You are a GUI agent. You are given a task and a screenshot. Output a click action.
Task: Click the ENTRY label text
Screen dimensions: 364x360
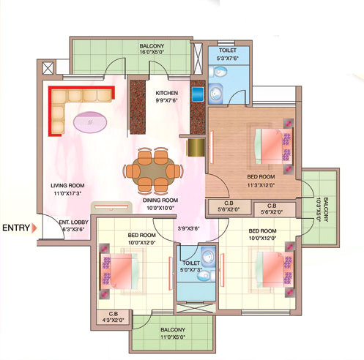pyautogui.click(x=16, y=228)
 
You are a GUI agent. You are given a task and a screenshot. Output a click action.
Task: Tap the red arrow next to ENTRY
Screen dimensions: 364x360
pyautogui.click(x=34, y=228)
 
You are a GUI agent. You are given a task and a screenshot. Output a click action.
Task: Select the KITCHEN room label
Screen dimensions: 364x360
pyautogui.click(x=167, y=93)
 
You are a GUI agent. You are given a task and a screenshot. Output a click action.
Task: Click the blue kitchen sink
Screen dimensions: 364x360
pyautogui.click(x=198, y=94)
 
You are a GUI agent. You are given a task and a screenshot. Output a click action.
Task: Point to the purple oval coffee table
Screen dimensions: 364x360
pyautogui.click(x=90, y=122)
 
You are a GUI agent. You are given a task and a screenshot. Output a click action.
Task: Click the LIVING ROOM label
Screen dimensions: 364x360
pyautogui.click(x=67, y=185)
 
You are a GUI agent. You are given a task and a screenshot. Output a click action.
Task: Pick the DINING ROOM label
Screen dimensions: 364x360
pyautogui.click(x=160, y=200)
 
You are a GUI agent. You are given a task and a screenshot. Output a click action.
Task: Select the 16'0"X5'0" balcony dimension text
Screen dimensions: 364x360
pyautogui.click(x=152, y=52)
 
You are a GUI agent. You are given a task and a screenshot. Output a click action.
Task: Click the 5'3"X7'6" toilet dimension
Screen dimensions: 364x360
pyautogui.click(x=228, y=59)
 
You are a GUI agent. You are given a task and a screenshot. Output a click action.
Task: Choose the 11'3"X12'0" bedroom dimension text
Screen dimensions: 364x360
pyautogui.click(x=261, y=185)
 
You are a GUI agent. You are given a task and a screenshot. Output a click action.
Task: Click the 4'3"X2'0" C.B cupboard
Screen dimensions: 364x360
pyautogui.click(x=114, y=317)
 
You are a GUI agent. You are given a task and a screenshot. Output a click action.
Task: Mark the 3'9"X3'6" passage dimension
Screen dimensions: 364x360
pyautogui.click(x=189, y=228)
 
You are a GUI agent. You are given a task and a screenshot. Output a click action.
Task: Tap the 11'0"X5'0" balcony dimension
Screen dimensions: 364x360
pyautogui.click(x=173, y=337)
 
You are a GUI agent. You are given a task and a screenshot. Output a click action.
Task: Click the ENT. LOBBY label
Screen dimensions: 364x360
pyautogui.click(x=73, y=222)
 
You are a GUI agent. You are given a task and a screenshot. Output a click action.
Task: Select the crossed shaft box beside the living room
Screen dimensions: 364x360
pyautogui.click(x=48, y=68)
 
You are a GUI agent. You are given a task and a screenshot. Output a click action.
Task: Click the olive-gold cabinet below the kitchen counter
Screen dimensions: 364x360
pyautogui.click(x=196, y=147)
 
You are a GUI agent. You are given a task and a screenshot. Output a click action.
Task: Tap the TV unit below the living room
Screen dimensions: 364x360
pyautogui.click(x=111, y=208)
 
